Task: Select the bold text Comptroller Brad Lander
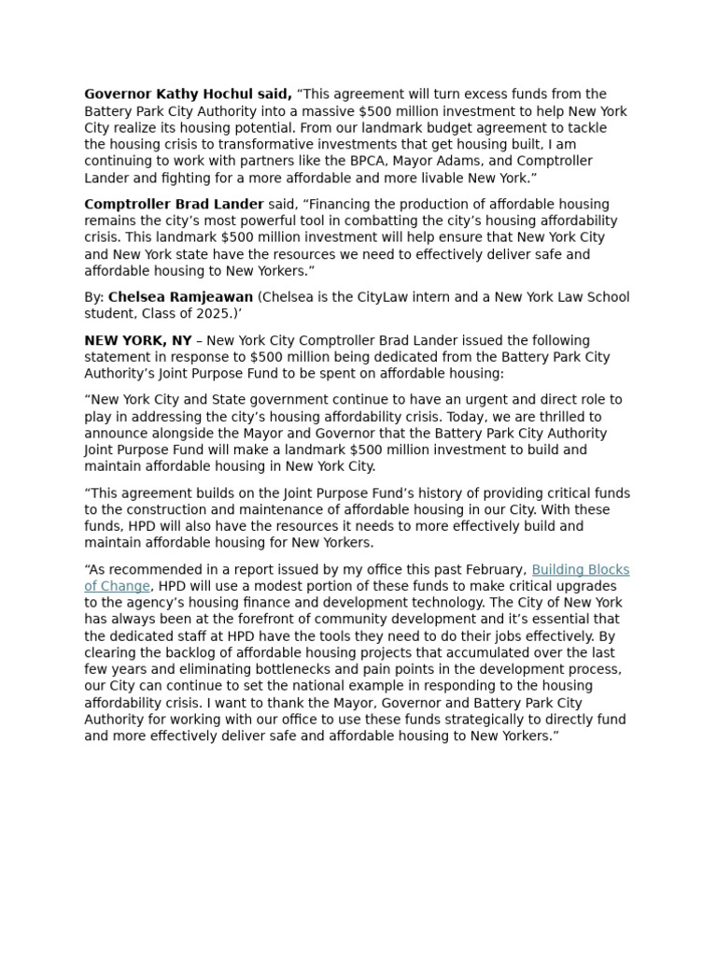point(175,205)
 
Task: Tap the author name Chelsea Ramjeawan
point(180,297)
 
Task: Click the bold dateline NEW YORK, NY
point(137,340)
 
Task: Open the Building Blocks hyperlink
point(580,570)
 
